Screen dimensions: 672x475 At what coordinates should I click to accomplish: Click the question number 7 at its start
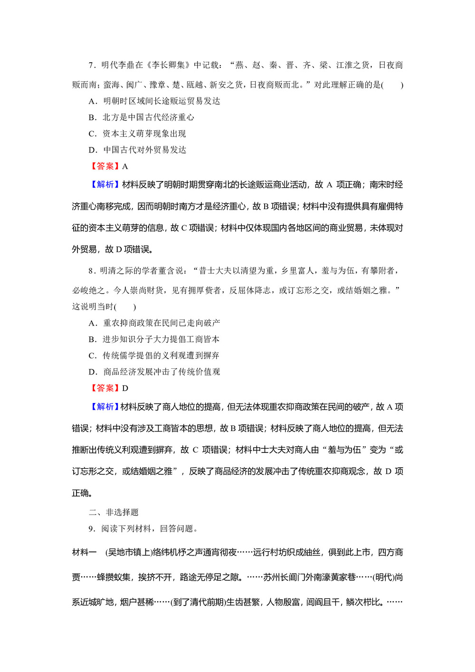[91, 65]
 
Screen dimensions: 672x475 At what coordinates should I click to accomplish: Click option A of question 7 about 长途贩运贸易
[154, 101]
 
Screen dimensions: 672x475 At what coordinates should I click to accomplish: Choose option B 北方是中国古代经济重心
[141, 117]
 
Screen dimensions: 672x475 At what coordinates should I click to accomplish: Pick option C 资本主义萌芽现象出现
[137, 134]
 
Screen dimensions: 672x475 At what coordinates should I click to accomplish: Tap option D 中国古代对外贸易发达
[137, 150]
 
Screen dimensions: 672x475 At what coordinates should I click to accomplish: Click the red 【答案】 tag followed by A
[105, 166]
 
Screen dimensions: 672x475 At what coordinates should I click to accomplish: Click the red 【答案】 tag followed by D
[105, 388]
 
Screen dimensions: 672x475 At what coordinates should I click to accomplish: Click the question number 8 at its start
[91, 271]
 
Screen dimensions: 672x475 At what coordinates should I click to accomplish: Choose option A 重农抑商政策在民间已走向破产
[154, 323]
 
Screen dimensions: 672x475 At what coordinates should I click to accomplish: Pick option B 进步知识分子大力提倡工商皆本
[154, 339]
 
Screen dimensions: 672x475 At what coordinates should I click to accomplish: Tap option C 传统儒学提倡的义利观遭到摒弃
[154, 355]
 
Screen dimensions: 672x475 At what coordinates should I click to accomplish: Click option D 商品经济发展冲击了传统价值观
[154, 372]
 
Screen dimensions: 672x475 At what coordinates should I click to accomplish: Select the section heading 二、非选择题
[114, 512]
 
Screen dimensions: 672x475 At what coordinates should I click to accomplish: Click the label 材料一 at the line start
[85, 552]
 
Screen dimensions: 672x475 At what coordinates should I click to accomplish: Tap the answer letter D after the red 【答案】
[125, 388]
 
